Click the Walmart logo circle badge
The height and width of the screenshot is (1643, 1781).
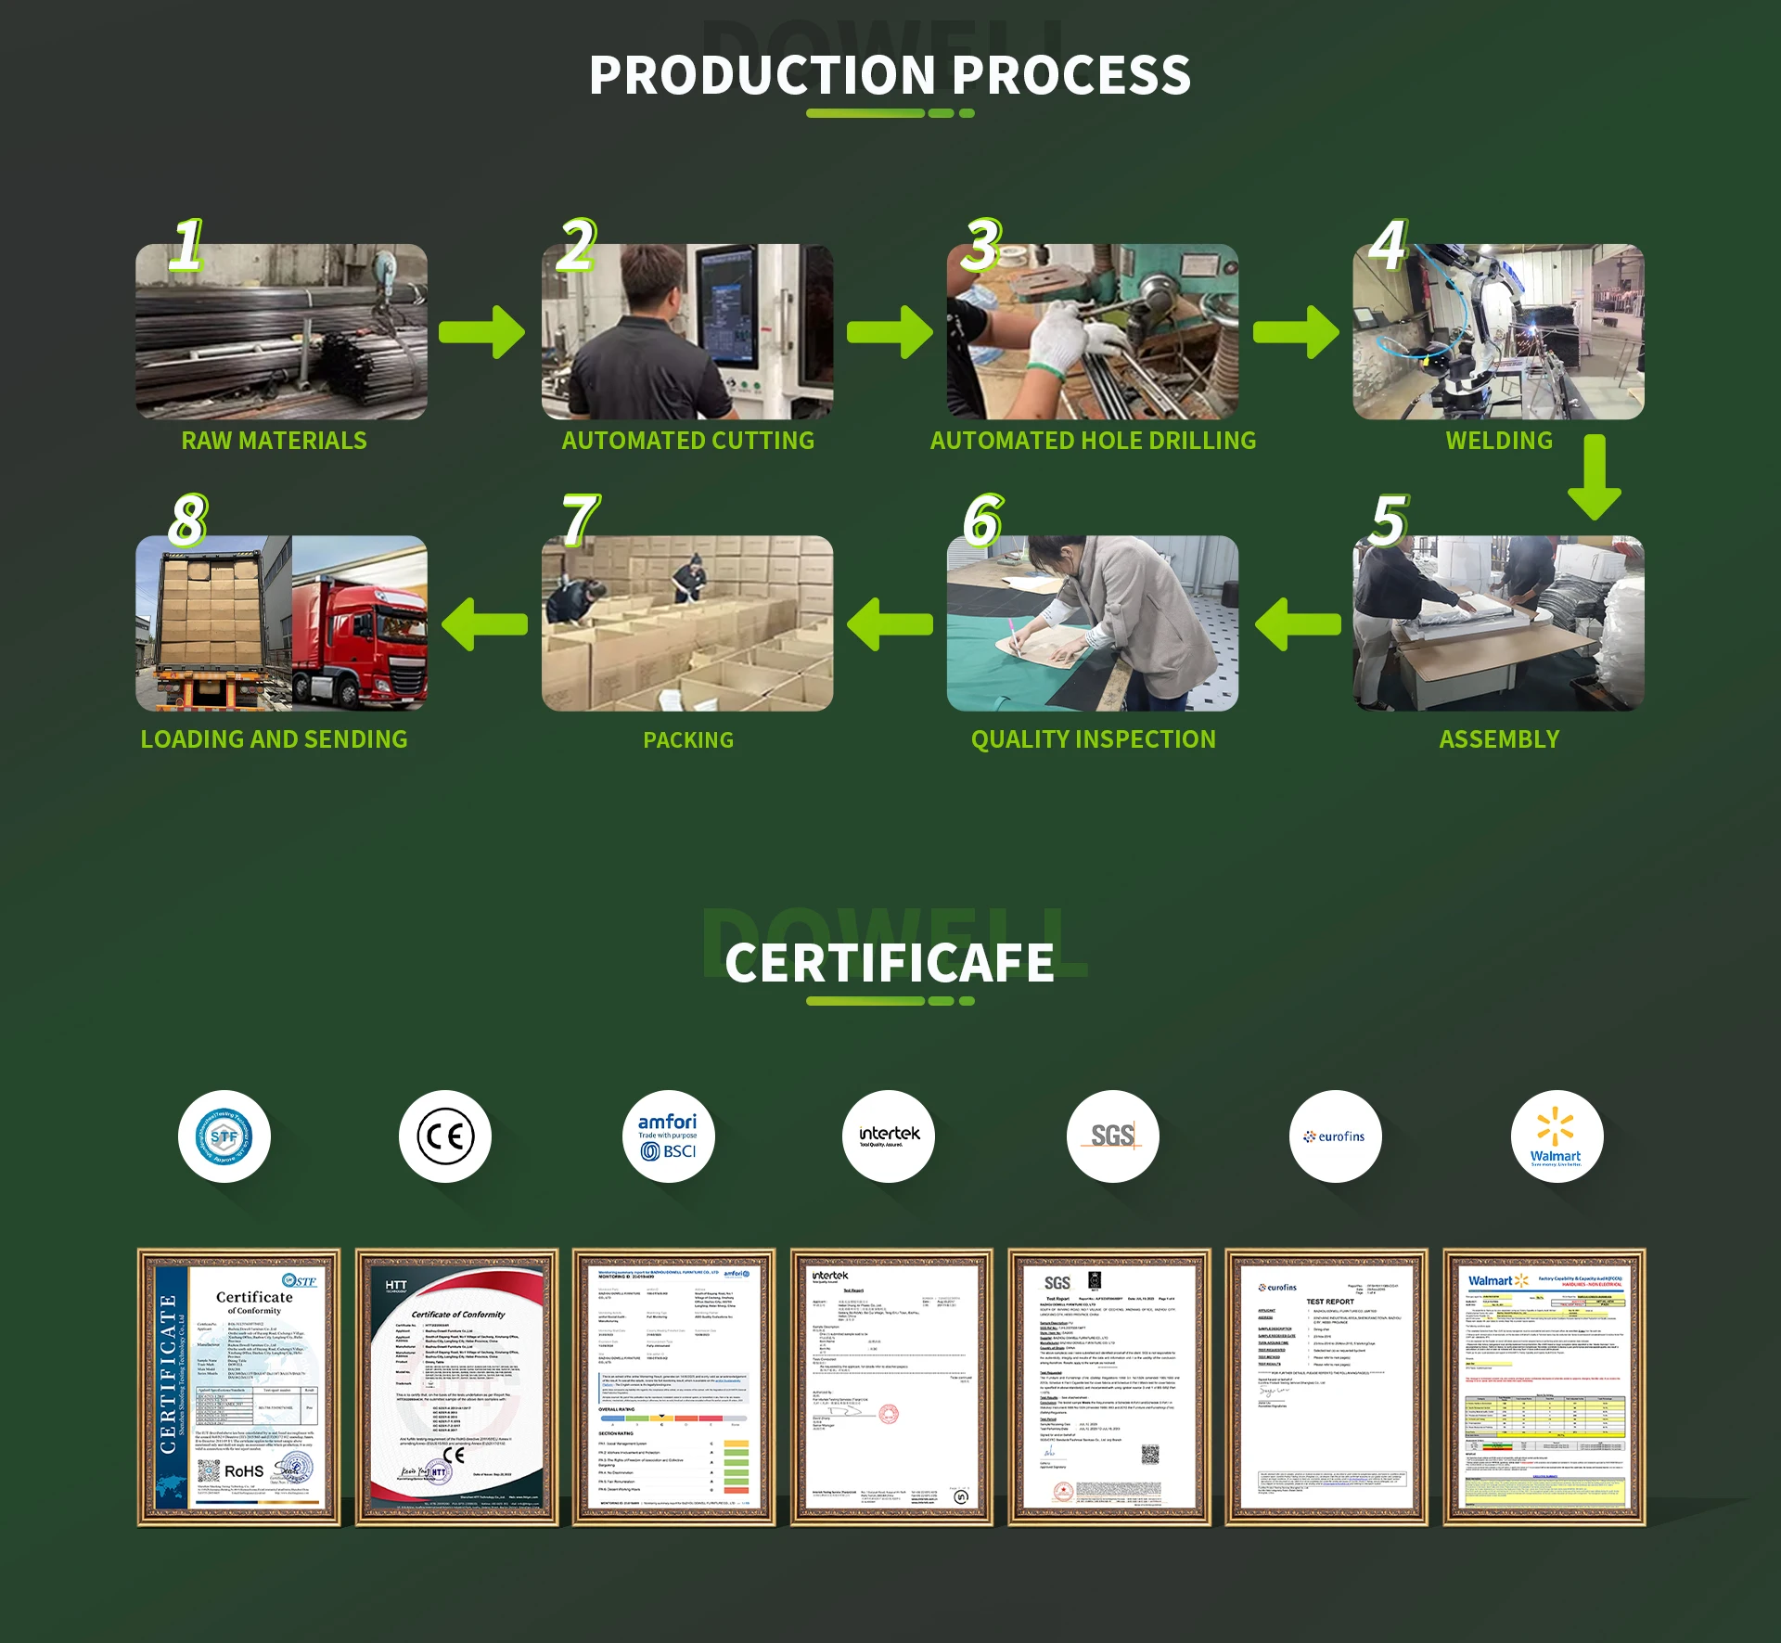1556,1136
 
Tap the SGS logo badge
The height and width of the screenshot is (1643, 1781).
1112,1136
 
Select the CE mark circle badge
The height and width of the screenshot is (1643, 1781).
445,1136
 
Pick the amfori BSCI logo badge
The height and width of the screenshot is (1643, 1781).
668,1136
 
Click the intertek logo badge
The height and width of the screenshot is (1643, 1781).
889,1136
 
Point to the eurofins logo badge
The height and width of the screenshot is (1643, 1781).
1335,1136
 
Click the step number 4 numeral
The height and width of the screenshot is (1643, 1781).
1388,246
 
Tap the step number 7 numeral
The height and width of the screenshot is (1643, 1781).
580,520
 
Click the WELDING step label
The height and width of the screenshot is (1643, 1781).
1498,441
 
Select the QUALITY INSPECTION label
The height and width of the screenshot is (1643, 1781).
1093,739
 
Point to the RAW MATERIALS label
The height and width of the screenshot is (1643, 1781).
274,441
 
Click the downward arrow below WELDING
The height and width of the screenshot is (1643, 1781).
1594,477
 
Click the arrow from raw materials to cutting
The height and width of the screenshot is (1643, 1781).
481,331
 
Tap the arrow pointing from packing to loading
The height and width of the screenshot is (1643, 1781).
484,623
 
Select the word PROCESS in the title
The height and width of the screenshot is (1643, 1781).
1071,75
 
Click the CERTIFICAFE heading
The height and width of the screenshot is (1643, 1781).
889,962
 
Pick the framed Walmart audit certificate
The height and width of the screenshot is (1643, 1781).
1544,1386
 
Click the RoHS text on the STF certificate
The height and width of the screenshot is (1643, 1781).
244,1471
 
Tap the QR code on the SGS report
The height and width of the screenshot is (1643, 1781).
1150,1455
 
